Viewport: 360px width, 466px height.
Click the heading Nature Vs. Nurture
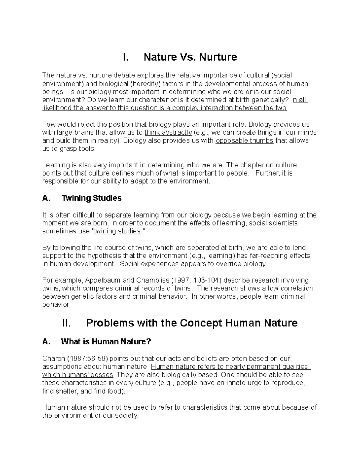click(190, 57)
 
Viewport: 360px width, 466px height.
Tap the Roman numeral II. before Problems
click(66, 323)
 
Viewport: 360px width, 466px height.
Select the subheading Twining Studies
click(91, 198)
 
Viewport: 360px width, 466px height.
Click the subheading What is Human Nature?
click(106, 341)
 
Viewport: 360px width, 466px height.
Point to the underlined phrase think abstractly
click(168, 133)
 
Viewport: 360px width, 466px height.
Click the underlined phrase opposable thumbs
click(244, 141)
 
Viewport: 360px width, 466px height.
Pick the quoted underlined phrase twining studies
click(117, 231)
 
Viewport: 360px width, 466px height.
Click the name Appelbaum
click(103, 280)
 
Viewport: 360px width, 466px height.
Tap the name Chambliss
click(152, 280)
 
